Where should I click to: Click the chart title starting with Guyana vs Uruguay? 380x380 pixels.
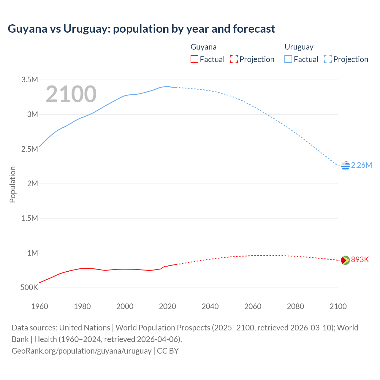(141, 29)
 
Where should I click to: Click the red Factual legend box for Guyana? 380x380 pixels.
(194, 59)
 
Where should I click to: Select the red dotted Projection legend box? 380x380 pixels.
(234, 59)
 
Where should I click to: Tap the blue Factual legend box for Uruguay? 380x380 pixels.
(288, 59)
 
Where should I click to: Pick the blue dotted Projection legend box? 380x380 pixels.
(328, 59)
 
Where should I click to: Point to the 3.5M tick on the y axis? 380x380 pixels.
(30, 80)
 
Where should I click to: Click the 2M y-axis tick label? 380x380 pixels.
(32, 183)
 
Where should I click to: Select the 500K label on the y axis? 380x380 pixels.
(29, 287)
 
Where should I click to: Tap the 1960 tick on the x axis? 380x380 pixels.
(39, 306)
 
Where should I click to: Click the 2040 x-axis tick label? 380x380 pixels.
(210, 306)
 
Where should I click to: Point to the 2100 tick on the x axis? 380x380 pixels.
(338, 306)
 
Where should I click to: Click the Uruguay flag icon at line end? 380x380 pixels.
(345, 165)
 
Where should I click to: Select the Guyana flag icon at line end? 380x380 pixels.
(345, 260)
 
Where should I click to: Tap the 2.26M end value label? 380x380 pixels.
(361, 165)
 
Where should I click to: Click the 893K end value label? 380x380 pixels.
(360, 260)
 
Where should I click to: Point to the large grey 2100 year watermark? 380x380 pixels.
(71, 94)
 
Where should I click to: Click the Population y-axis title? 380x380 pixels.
(12, 184)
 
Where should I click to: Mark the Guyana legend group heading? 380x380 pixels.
(203, 47)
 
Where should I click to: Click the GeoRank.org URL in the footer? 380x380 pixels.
(81, 351)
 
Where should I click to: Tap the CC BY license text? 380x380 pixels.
(168, 351)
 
